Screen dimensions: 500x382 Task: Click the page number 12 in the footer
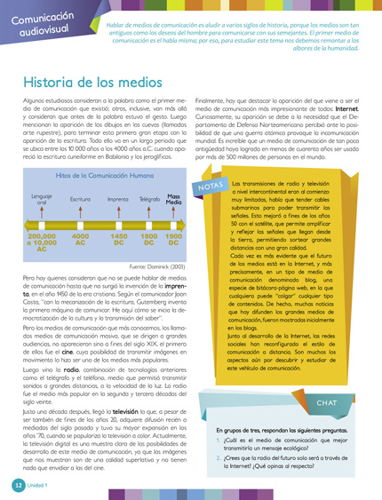(x=17, y=487)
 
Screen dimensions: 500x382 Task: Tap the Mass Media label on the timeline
(x=174, y=200)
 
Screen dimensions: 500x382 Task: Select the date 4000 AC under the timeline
(x=81, y=240)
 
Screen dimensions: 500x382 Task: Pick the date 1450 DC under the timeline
(x=118, y=240)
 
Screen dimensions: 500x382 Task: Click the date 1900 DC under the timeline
(x=174, y=240)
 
